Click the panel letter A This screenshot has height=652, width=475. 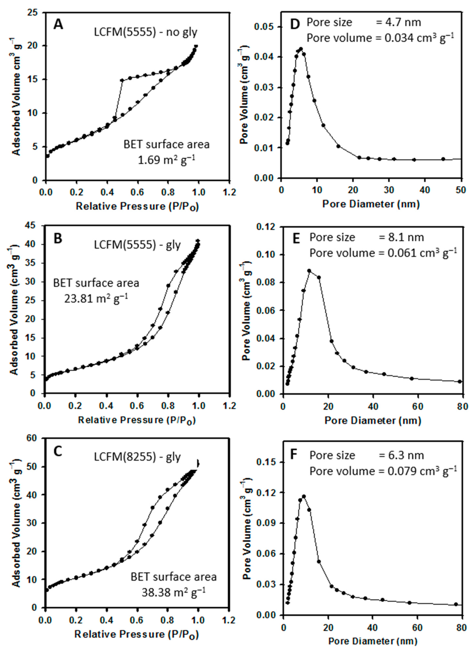pyautogui.click(x=58, y=25)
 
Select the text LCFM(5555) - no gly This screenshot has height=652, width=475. pyautogui.click(x=146, y=32)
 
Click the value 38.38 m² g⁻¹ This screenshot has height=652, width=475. pyautogui.click(x=173, y=592)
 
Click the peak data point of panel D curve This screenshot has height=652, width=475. pyautogui.click(x=301, y=49)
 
